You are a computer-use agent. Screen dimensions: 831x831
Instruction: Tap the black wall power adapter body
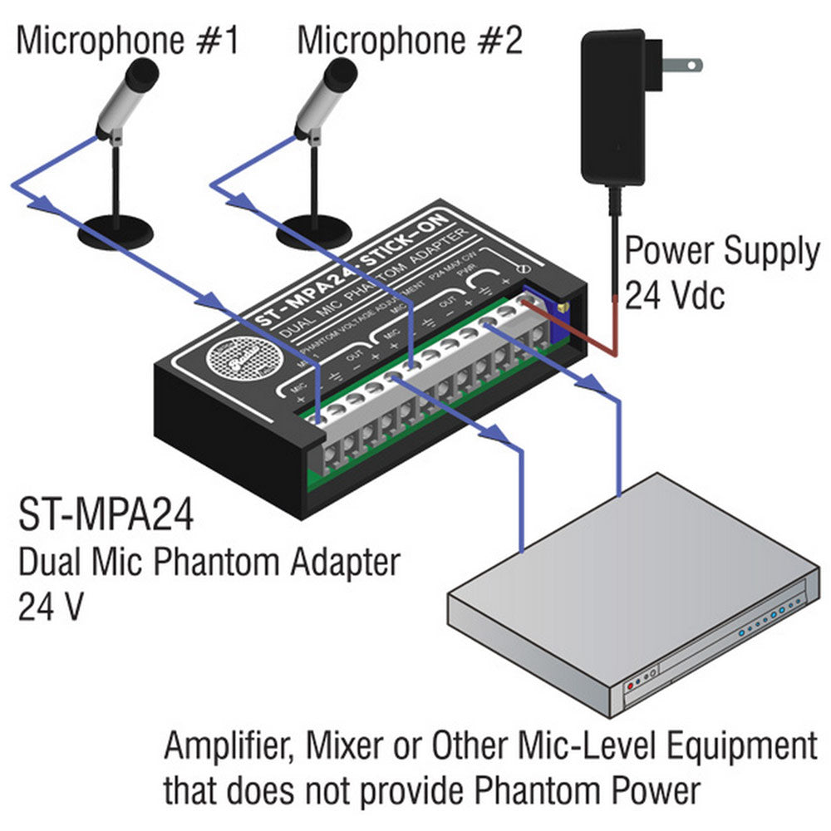point(613,108)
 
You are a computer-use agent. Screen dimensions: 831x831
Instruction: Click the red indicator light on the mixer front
point(630,684)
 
